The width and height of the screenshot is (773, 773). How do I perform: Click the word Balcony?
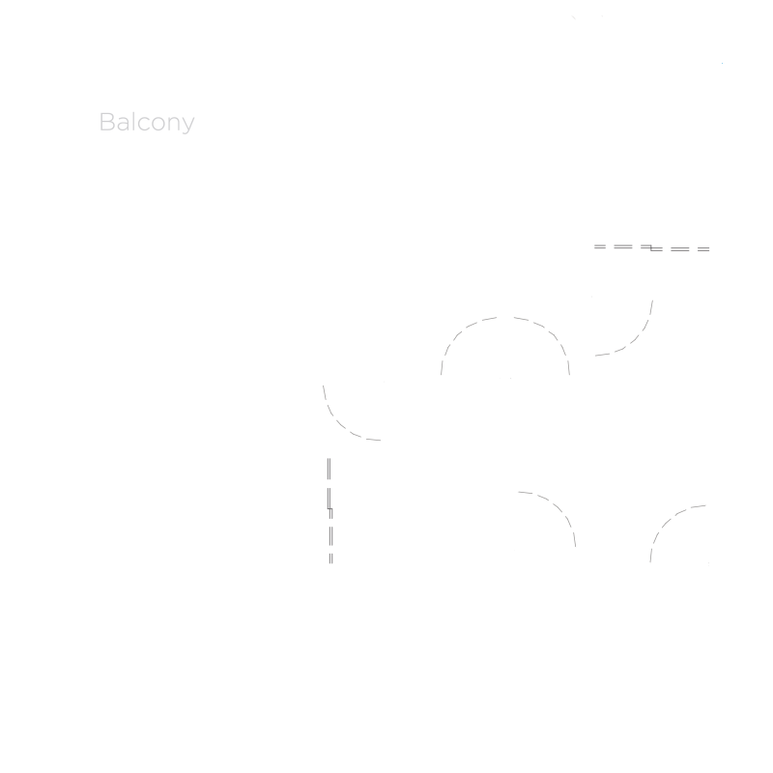[x=147, y=123]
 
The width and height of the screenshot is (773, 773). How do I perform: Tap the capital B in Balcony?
[x=107, y=122]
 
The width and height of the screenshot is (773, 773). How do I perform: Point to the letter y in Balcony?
[x=188, y=126]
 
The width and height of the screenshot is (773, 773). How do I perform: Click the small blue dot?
[x=722, y=63]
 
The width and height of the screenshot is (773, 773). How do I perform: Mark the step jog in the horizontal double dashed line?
[x=651, y=248]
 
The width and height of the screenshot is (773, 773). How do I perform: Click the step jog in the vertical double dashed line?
[x=329, y=509]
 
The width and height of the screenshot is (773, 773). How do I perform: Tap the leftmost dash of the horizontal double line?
[x=599, y=246]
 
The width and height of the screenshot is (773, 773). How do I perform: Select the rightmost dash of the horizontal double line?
[x=703, y=249]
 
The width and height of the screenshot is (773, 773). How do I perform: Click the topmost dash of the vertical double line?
[x=329, y=469]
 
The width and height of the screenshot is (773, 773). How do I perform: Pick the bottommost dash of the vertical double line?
[x=330, y=558]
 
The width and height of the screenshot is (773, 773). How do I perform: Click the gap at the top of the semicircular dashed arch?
[x=505, y=318]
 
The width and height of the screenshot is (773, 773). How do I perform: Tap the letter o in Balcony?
[x=158, y=124]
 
